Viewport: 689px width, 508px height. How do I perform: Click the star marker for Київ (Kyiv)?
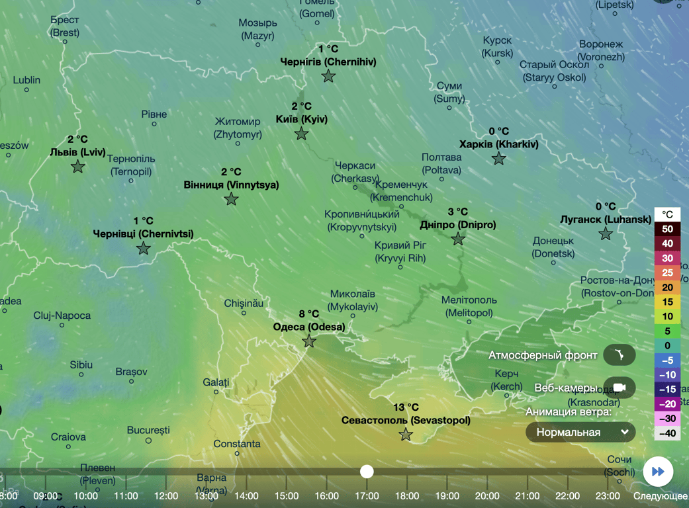tap(301, 134)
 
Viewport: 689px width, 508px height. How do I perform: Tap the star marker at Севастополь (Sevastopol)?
tap(406, 435)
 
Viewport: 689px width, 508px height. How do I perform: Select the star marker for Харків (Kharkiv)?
tap(498, 159)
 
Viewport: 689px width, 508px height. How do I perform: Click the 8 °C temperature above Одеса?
tap(308, 314)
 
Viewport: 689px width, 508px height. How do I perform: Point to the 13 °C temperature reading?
tap(406, 407)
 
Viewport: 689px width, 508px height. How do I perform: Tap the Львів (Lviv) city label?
tap(77, 152)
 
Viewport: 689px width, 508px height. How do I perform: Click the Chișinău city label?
tap(244, 304)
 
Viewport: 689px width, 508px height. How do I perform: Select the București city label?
tap(149, 430)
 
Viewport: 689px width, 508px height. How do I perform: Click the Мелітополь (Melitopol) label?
tap(469, 306)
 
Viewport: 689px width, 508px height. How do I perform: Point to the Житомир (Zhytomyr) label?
tap(238, 128)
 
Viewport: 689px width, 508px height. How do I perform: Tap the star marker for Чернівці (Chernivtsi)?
tap(143, 249)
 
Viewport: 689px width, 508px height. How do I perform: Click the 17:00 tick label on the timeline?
tap(367, 496)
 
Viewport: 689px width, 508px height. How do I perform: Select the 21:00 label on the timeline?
tap(528, 496)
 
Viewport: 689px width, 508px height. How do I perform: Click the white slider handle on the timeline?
tap(367, 471)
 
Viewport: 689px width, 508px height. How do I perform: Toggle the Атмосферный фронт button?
tap(619, 355)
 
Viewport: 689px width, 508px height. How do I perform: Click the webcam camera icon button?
tap(619, 388)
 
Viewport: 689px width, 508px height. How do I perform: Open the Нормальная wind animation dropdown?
tap(580, 432)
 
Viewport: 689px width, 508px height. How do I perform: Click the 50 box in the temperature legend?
tap(667, 230)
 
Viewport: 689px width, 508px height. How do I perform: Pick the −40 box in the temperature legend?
tap(667, 433)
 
